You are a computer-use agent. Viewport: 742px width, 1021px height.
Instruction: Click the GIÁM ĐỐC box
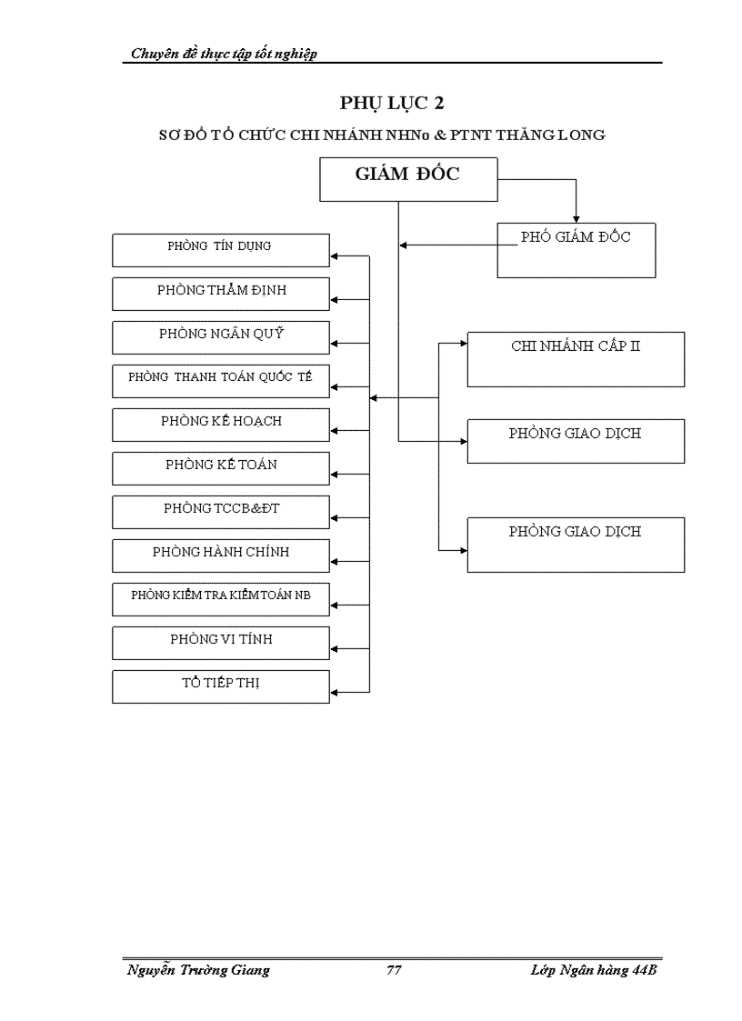[408, 179]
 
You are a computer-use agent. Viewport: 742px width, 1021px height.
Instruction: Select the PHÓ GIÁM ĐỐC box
[576, 250]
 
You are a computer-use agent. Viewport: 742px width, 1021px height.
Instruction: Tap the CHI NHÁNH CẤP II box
[576, 359]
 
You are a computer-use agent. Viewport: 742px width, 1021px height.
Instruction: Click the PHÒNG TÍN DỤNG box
[220, 250]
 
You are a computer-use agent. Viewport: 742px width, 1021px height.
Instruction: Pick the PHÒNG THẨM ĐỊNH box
[220, 294]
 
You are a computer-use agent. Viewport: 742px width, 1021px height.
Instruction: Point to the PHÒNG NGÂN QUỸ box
[220, 337]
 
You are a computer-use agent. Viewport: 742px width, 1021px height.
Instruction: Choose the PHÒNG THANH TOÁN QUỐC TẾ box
[220, 381]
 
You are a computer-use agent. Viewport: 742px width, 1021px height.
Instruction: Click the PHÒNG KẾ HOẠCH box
[220, 425]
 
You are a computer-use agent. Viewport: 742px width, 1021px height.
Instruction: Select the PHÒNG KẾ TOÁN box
[220, 468]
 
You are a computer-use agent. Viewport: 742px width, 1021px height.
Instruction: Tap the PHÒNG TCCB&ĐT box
[220, 512]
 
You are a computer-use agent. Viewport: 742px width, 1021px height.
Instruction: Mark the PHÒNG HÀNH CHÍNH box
[220, 556]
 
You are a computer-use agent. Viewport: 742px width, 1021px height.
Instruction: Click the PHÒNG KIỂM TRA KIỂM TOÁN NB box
[220, 599]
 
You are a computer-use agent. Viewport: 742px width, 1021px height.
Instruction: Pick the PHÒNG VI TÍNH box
[220, 643]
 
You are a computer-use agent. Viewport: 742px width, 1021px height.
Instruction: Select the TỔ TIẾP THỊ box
[220, 686]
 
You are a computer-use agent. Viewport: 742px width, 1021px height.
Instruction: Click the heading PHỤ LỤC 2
[392, 104]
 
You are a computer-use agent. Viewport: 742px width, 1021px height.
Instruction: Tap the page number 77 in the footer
[394, 970]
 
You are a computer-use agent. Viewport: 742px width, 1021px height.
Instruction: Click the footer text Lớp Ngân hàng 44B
[593, 970]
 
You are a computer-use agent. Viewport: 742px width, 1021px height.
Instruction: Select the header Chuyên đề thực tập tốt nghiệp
[224, 54]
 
